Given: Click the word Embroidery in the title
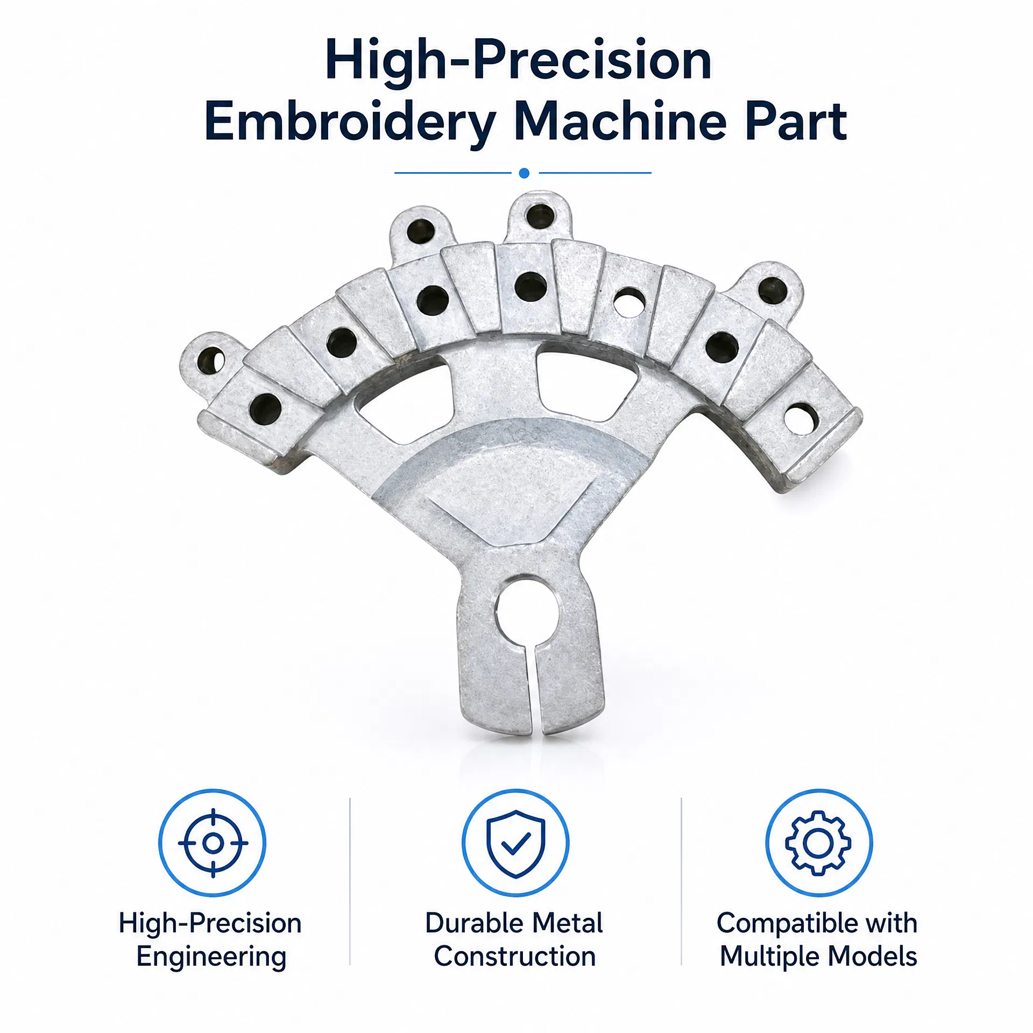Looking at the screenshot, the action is pos(350,123).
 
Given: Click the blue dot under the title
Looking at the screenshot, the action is pos(524,173).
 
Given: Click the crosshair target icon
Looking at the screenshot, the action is pos(213,843).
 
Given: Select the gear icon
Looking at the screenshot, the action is pos(818,843).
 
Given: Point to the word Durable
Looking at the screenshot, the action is pos(464,923).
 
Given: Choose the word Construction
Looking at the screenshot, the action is pos(515,957).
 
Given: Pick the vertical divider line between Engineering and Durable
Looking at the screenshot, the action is pos(350,881).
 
